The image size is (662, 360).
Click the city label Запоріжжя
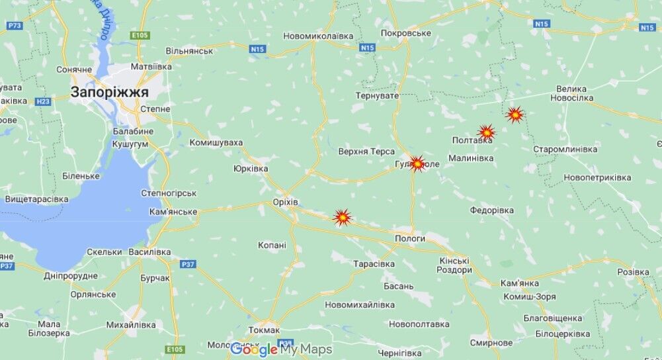tap(110, 93)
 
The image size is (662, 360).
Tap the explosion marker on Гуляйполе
tap(417, 163)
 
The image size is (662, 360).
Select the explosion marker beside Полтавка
tap(486, 132)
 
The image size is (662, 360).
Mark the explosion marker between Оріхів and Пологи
tap(342, 216)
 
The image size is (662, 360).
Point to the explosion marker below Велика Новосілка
tap(515, 114)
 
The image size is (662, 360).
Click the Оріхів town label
tap(286, 202)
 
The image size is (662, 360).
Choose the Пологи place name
tap(410, 238)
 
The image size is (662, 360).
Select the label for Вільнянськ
tap(189, 51)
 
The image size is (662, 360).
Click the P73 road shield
tap(15, 25)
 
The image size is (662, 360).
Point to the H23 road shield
tap(43, 101)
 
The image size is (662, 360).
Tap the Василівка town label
tap(150, 252)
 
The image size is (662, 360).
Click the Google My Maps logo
tap(280, 349)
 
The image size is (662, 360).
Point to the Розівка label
tap(633, 272)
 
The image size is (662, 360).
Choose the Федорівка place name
tap(491, 210)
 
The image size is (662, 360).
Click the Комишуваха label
tap(216, 142)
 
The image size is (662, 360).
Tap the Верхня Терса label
tap(366, 152)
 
